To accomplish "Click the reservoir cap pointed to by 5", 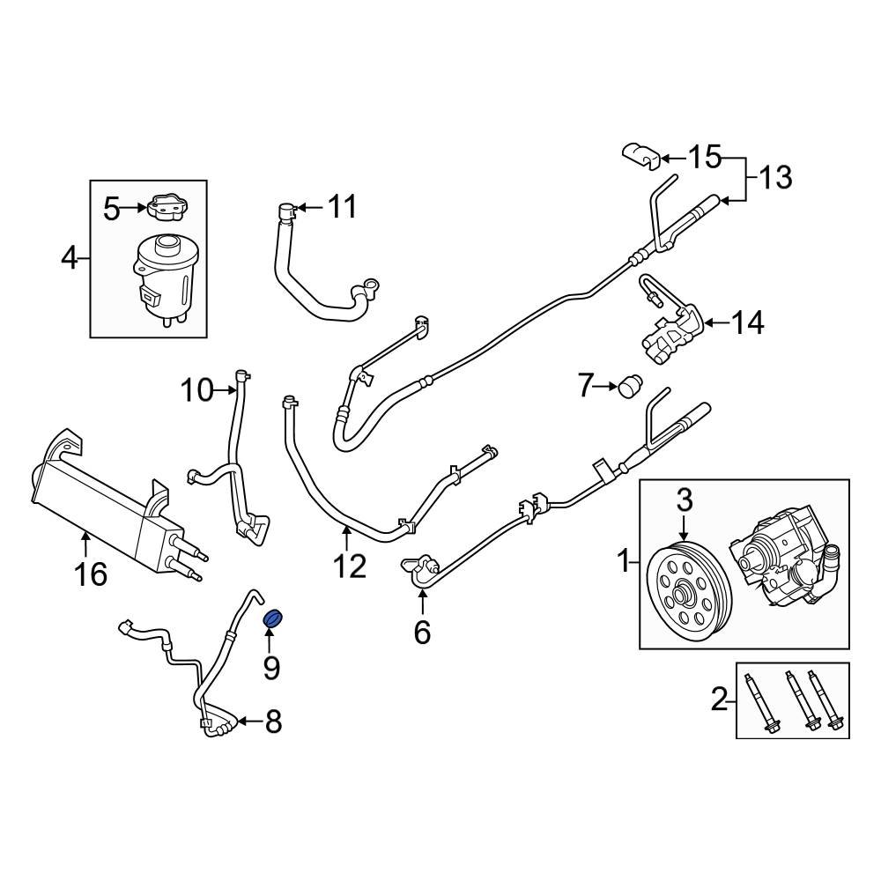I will (x=166, y=209).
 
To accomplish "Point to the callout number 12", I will (x=348, y=566).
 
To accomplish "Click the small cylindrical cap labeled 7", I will (x=629, y=386).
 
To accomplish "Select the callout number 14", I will (x=746, y=323).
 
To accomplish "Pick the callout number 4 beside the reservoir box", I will (x=70, y=259).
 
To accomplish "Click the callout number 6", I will (x=422, y=631).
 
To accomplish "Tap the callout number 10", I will (x=197, y=389).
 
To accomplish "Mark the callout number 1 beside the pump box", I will (x=624, y=559).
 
